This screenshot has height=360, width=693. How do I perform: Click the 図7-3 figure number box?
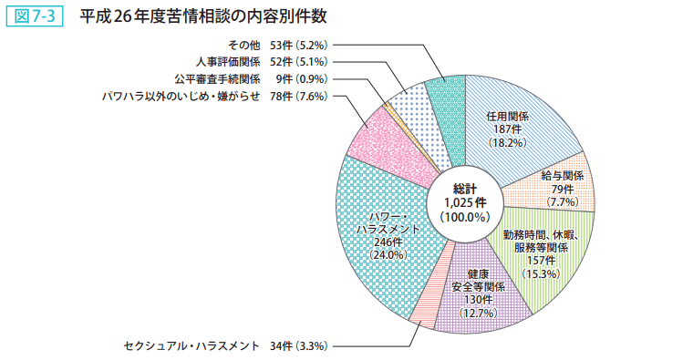pos(33,16)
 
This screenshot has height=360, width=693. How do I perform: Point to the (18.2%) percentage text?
pos(507,143)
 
